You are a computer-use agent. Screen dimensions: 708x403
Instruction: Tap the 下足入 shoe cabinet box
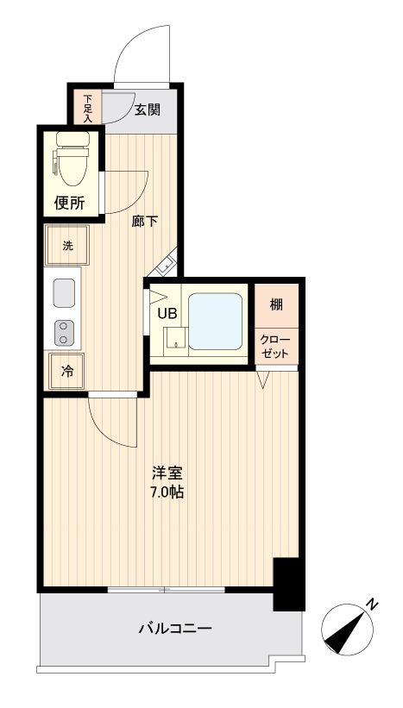pos(88,107)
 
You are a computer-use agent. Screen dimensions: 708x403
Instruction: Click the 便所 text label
pos(69,204)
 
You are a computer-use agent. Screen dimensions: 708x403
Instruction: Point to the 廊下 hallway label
pos(144,221)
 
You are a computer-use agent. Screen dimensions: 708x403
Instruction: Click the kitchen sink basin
pos(66,293)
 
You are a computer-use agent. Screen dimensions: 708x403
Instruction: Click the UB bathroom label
pos(167,313)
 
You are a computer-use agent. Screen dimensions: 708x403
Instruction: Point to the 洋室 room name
pos(167,473)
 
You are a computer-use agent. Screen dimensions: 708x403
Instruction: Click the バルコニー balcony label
pos(175,629)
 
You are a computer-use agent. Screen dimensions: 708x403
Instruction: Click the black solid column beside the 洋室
pos(288,584)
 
